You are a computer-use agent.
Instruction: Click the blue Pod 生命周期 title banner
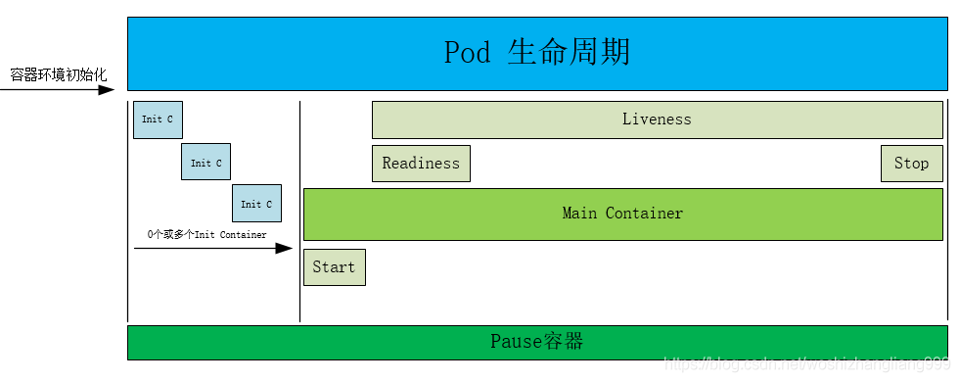537,53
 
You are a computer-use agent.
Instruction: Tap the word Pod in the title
467,52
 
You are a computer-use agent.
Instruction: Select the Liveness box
657,119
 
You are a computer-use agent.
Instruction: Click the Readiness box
421,164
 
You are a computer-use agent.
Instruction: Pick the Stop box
911,164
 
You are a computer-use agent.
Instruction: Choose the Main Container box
622,214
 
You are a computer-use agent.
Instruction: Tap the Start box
334,266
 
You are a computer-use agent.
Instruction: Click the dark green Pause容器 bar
537,342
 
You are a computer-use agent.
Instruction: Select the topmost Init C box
158,119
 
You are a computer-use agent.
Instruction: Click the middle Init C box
206,163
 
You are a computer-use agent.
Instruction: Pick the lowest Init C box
256,204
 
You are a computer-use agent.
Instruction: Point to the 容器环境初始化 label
58,74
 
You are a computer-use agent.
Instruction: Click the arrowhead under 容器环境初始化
107,90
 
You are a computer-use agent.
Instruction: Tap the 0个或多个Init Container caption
206,234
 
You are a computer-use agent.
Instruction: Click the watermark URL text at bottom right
806,363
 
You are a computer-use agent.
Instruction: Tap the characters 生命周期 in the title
569,52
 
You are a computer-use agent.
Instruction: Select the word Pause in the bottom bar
515,342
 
